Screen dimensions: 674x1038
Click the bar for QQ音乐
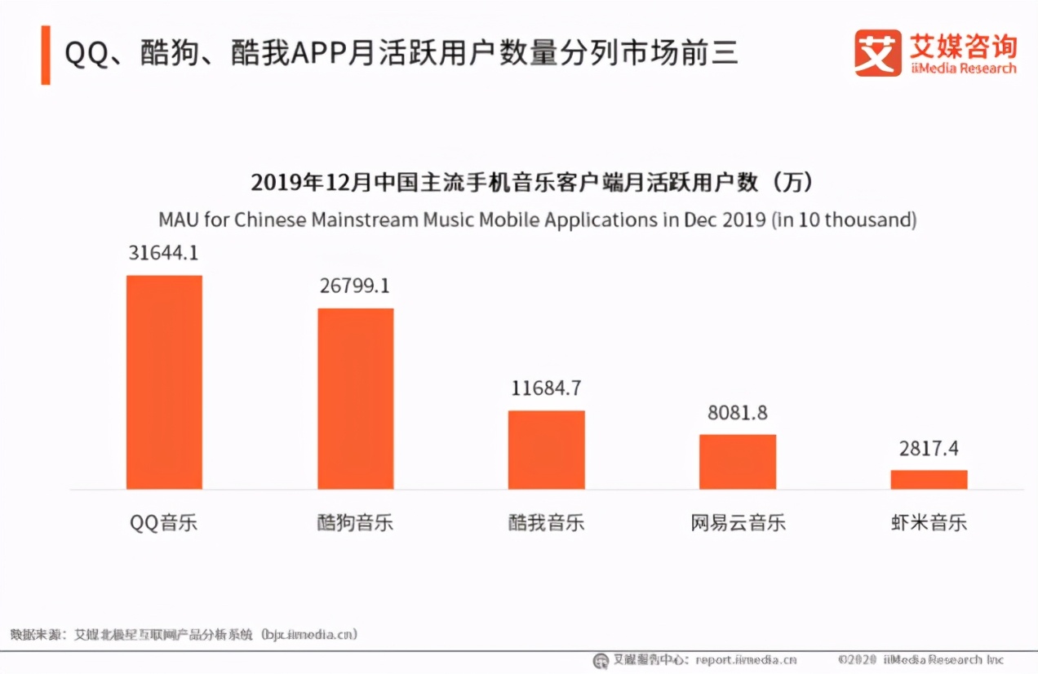164,382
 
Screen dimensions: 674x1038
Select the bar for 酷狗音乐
355,398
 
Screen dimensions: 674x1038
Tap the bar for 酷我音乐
546,450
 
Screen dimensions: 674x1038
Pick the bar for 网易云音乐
738,462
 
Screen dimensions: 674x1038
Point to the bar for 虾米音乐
929,480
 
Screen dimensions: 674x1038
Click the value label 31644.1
163,254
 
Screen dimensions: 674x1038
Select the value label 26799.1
355,286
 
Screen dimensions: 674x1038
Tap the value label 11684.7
546,388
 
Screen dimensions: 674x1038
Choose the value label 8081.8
738,413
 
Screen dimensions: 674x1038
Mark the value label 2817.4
929,449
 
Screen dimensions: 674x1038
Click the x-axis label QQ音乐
163,523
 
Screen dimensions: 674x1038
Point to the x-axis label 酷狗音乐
355,523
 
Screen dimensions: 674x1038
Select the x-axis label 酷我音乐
546,523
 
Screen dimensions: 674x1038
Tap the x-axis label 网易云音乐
738,523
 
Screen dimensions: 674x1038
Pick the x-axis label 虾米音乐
929,523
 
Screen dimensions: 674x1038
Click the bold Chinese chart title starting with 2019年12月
532,183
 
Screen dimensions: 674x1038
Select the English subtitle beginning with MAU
537,220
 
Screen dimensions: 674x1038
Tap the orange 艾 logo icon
878,53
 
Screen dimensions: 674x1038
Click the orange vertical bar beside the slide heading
46,55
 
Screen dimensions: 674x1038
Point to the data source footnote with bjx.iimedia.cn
184,634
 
